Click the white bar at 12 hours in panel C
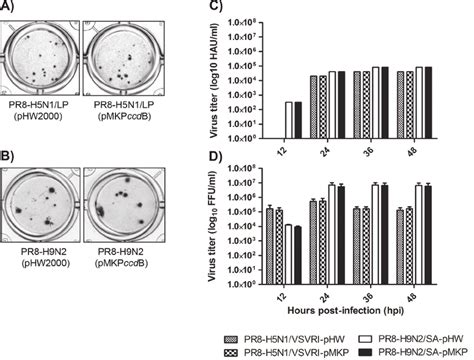tap(288, 120)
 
